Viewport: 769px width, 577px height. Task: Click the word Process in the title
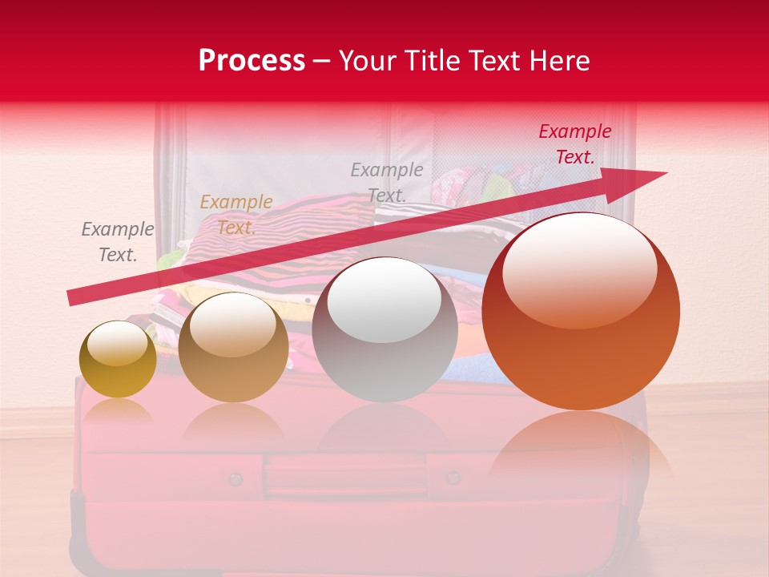click(x=252, y=61)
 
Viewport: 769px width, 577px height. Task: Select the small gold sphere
click(x=118, y=360)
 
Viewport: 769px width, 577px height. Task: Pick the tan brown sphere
click(x=233, y=349)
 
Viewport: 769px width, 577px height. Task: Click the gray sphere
click(x=384, y=330)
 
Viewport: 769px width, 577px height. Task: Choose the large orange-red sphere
click(x=581, y=313)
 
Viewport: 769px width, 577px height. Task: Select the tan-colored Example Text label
click(x=236, y=215)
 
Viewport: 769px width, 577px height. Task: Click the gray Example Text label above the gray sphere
click(x=386, y=182)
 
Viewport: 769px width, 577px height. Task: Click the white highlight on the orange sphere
click(x=579, y=268)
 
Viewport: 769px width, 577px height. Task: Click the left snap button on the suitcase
click(x=235, y=479)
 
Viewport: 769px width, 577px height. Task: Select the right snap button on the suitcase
click(x=453, y=478)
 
